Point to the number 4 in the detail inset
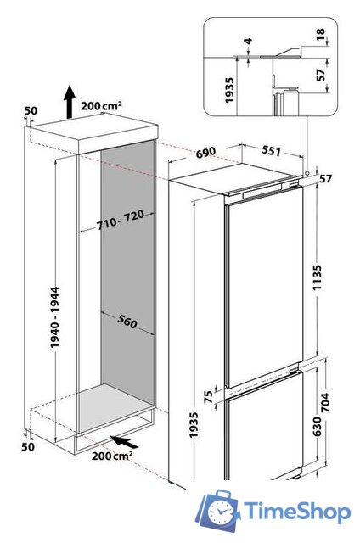tap(247, 42)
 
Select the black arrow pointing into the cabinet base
tap(124, 440)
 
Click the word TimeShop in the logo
tap(295, 511)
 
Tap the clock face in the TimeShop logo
tap(222, 511)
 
